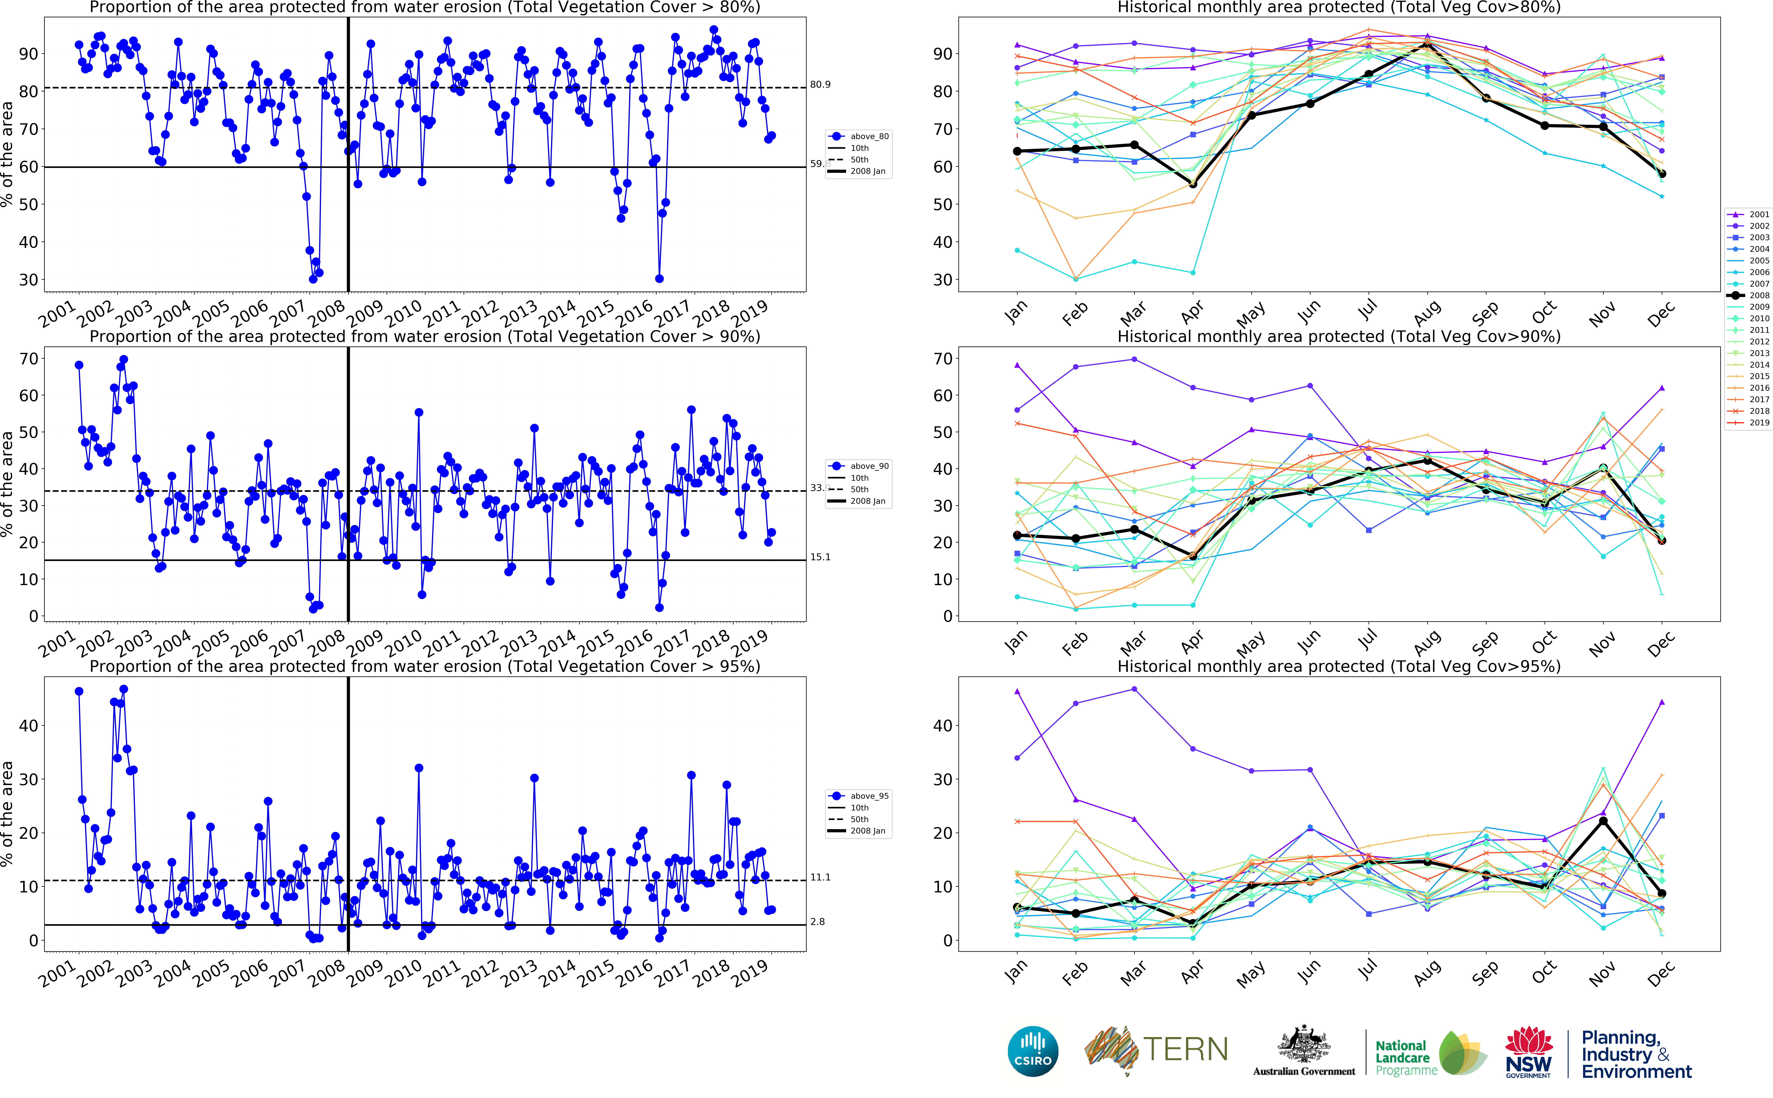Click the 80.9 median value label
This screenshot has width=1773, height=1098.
click(x=820, y=85)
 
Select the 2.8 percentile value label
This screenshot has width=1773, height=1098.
click(x=817, y=922)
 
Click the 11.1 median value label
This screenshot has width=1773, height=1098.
click(x=820, y=877)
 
